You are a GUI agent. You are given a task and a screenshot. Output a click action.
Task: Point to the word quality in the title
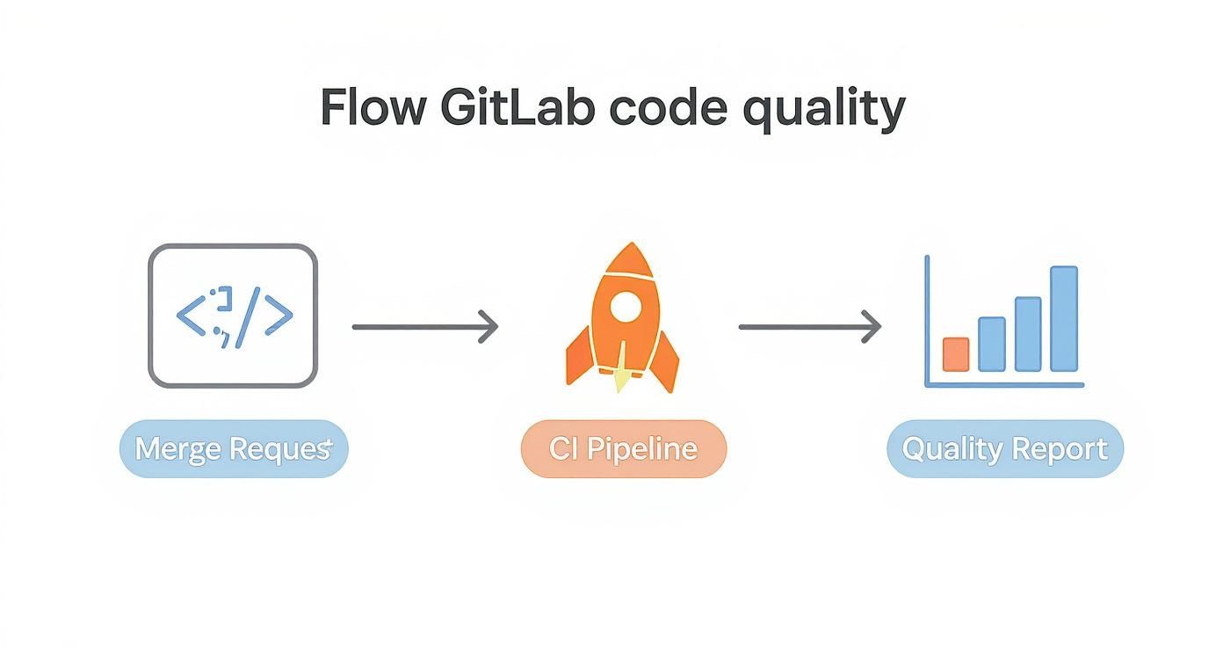[x=823, y=109]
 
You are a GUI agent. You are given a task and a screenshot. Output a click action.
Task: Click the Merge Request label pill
[x=234, y=449]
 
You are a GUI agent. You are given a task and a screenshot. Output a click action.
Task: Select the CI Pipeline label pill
[x=624, y=449]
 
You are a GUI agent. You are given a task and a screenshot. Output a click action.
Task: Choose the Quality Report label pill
[x=1004, y=449]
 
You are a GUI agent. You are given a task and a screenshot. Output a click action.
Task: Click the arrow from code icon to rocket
[x=425, y=327]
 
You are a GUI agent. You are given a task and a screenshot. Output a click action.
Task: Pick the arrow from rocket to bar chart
[x=809, y=327]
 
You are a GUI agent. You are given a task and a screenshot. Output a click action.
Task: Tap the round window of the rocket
[x=625, y=306]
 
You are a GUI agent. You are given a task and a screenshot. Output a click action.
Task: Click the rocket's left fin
[x=577, y=359]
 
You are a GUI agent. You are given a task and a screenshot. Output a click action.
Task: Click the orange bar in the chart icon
[x=955, y=354]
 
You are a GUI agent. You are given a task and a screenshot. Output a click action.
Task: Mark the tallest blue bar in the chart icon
[x=1063, y=318]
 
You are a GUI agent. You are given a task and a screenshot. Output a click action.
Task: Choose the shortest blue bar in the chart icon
[x=991, y=344]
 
